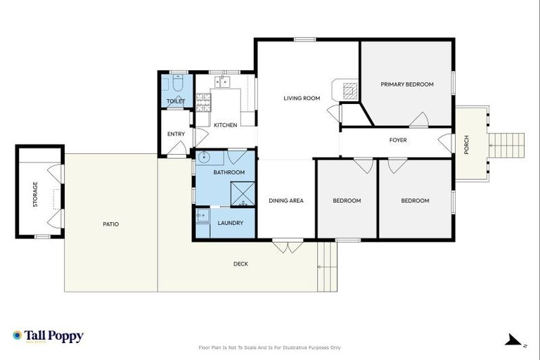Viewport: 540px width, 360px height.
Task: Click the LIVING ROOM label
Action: click(302, 98)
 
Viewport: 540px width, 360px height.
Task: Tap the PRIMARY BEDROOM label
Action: click(407, 84)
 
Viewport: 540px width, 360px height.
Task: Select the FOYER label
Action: click(398, 140)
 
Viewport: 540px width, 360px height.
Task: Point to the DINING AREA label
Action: click(286, 201)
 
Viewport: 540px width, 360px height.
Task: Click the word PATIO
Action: click(110, 224)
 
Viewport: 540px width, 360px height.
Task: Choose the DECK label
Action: click(240, 264)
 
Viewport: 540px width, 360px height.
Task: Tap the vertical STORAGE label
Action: click(34, 195)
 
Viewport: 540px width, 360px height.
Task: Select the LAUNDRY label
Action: click(231, 223)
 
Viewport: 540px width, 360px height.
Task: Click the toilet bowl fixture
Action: click(177, 86)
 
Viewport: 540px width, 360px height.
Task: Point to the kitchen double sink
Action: click(222, 82)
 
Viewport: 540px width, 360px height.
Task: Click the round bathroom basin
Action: click(203, 157)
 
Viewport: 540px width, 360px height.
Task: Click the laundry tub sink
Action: click(202, 215)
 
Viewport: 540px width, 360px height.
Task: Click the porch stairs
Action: click(506, 146)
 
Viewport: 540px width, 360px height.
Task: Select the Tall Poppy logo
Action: click(48, 336)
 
